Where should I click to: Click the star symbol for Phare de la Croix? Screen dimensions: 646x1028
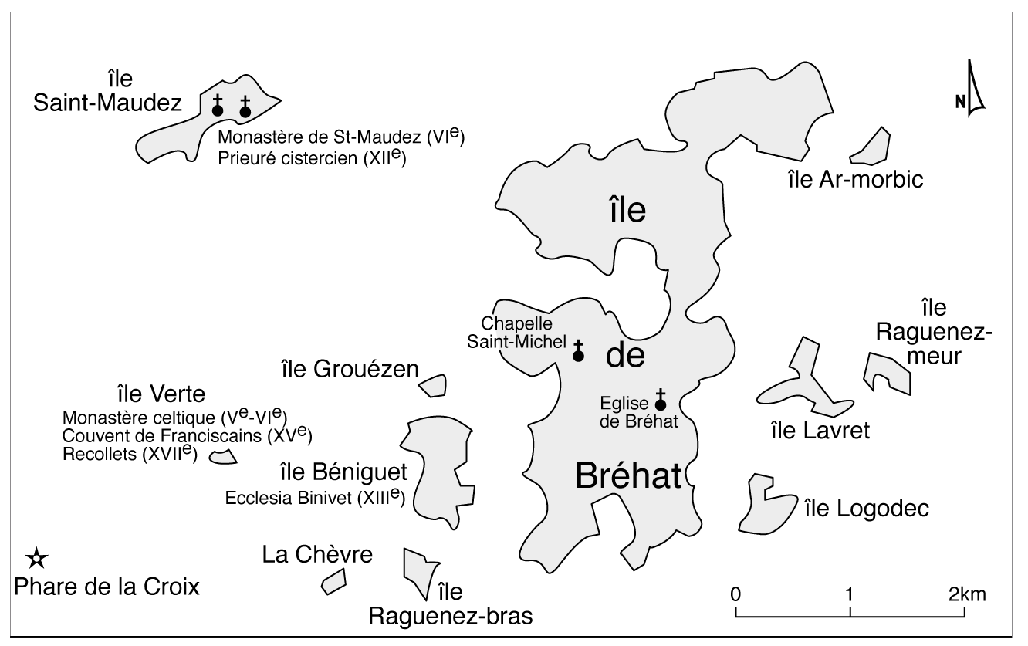(36, 557)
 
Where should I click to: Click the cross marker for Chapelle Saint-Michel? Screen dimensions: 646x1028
(578, 352)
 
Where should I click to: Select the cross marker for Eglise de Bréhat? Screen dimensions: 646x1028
(660, 400)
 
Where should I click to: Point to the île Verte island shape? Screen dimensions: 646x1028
(224, 458)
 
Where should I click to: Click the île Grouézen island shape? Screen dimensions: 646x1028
(434, 385)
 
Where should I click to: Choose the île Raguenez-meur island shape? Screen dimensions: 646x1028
(885, 371)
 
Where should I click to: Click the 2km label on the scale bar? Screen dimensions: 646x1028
(968, 595)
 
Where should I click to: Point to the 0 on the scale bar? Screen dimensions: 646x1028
(736, 595)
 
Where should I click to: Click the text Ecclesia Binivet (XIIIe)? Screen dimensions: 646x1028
(315, 497)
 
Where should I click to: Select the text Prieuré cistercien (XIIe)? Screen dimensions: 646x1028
(312, 158)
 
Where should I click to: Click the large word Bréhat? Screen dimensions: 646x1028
(627, 475)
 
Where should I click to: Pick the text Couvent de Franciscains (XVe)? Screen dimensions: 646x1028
(187, 436)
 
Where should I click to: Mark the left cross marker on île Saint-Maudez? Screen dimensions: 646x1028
(218, 107)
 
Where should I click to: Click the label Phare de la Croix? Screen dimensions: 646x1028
(107, 587)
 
